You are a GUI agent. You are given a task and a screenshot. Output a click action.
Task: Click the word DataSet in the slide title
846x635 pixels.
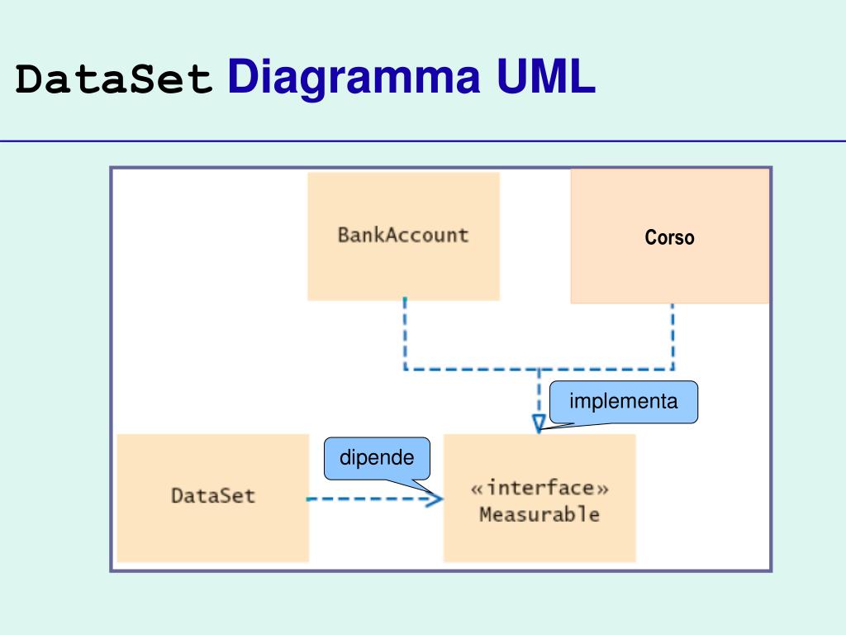tap(114, 79)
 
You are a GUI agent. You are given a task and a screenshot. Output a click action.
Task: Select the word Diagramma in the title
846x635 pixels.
tap(354, 77)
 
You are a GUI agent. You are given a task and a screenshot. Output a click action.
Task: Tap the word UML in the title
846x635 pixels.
tap(546, 76)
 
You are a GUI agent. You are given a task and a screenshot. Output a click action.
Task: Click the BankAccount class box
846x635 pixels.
tap(403, 236)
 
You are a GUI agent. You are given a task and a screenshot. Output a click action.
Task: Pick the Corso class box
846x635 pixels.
tap(670, 236)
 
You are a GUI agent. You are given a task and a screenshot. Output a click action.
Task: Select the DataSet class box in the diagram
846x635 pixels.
tap(213, 498)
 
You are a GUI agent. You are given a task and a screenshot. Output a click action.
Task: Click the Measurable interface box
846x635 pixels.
tap(539, 498)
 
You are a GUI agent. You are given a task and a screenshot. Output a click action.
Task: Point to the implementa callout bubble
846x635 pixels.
tap(624, 402)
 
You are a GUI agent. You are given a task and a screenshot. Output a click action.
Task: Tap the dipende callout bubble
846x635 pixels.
tap(377, 458)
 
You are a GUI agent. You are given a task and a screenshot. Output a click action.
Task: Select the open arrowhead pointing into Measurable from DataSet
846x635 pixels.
tap(435, 499)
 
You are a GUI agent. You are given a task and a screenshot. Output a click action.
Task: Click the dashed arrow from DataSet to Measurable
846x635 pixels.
tap(375, 499)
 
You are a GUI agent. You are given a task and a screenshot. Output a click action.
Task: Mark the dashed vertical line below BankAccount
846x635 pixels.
tap(405, 333)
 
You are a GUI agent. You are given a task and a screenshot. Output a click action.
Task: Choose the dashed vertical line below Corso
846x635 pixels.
tap(673, 337)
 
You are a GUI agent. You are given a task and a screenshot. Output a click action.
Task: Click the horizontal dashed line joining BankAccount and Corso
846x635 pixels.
tap(539, 370)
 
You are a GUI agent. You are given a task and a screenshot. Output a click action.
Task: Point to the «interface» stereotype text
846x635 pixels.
tap(539, 488)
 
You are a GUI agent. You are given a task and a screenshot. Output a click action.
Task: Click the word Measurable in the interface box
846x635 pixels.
tap(539, 514)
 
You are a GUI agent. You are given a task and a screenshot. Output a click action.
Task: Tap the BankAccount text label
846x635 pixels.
tap(403, 236)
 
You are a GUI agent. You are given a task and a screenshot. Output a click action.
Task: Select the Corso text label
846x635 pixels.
tap(669, 237)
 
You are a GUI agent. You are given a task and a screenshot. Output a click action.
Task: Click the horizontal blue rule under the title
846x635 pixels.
tap(423, 141)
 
